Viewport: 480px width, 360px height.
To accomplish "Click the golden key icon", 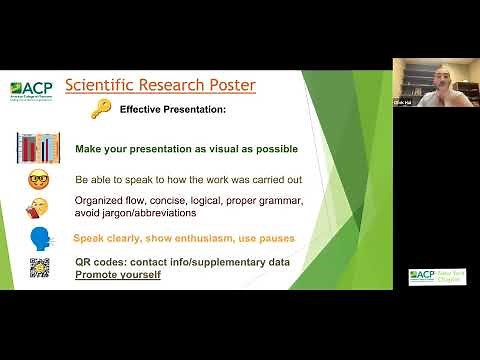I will pyautogui.click(x=100, y=109).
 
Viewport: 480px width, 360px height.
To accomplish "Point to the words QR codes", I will pyautogui.click(x=100, y=261).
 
